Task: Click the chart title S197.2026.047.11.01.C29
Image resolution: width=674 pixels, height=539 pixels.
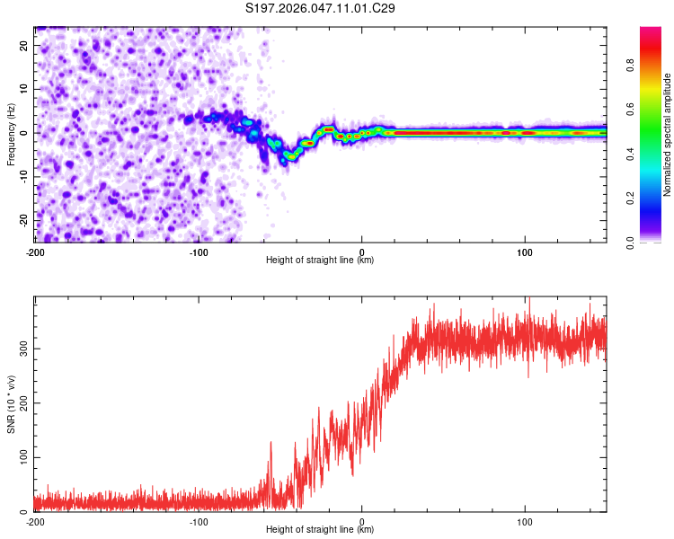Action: tap(321, 9)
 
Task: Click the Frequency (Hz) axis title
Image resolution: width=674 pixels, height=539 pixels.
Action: tap(11, 133)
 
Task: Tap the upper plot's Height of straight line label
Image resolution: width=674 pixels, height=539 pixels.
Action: tap(320, 261)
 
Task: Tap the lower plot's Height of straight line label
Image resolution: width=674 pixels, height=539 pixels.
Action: tap(320, 530)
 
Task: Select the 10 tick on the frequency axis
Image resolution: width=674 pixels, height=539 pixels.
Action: tap(25, 89)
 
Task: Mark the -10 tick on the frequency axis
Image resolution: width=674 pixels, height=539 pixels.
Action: tap(23, 176)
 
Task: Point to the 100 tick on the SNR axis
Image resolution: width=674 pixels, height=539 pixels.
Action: tap(22, 457)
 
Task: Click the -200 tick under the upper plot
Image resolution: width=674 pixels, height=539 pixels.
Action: tap(36, 252)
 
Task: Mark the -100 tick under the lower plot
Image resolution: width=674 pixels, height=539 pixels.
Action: tap(199, 521)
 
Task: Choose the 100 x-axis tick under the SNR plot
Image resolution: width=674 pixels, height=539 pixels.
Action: tap(525, 521)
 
